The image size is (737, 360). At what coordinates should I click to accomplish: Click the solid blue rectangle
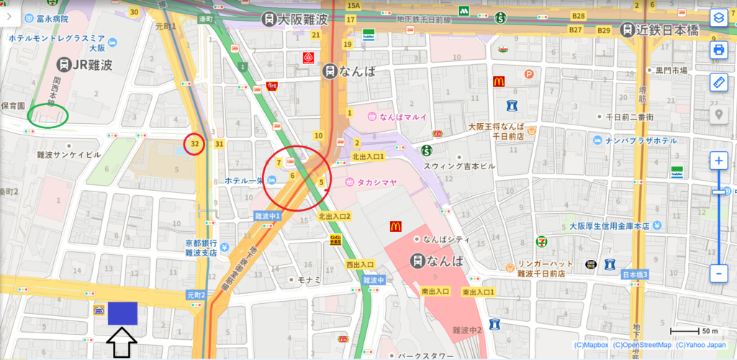point(122,312)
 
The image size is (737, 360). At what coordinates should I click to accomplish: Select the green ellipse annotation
point(48,115)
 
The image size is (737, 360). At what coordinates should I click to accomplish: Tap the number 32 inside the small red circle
point(194,144)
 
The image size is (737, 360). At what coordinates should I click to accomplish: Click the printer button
point(718,50)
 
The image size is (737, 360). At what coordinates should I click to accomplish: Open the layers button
point(718,18)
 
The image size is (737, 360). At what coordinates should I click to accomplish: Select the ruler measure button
point(718,82)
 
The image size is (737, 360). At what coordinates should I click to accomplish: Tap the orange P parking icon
point(530,73)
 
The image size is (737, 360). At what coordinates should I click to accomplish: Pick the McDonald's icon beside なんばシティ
point(394,226)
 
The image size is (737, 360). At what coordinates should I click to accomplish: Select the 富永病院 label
point(43,19)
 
